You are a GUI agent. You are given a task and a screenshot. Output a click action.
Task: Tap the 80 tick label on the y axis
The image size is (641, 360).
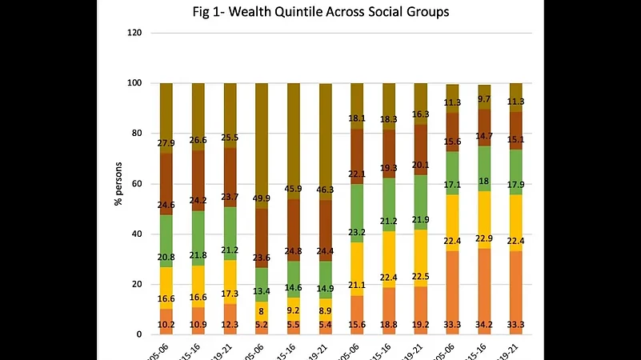click(136, 134)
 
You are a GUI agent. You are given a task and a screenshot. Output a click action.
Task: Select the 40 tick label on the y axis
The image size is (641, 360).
click(136, 234)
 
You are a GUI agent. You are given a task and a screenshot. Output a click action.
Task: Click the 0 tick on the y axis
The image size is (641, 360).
click(138, 334)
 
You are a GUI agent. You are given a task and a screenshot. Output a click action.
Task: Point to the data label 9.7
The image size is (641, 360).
click(484, 99)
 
